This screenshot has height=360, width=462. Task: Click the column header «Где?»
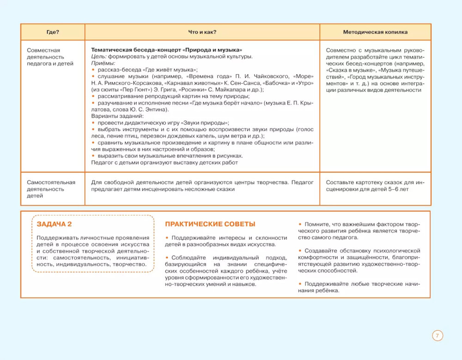tap(53, 32)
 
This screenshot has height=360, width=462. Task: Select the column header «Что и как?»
tap(202, 32)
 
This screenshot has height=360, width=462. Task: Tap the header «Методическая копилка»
tap(375, 32)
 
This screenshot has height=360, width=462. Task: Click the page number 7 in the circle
tap(437, 336)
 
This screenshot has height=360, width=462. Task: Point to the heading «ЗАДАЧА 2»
tap(54, 224)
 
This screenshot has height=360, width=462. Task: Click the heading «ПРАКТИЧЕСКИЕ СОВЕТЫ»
tap(210, 224)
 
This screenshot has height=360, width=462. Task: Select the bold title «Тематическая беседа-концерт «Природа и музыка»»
tap(167, 50)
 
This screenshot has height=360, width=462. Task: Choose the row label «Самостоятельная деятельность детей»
tap(51, 189)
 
